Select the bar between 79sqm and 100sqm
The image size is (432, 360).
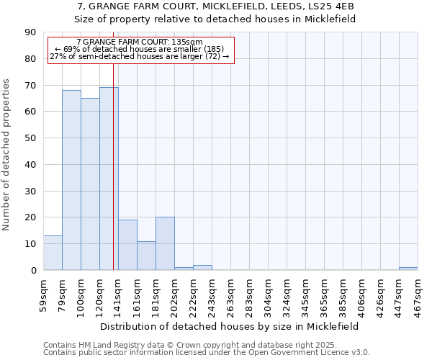pyautogui.click(x=71, y=180)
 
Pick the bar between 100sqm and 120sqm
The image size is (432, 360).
pyautogui.click(x=90, y=184)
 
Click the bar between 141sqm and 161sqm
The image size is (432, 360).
pyautogui.click(x=127, y=245)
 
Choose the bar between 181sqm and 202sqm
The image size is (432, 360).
pyautogui.click(x=165, y=243)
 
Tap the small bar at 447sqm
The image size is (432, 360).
pyautogui.click(x=408, y=269)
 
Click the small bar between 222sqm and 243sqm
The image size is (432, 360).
pyautogui.click(x=202, y=268)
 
